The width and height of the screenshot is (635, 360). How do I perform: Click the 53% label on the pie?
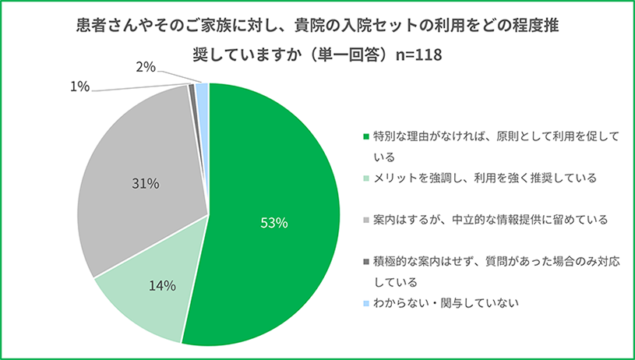click(x=274, y=223)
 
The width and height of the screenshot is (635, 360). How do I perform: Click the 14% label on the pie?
click(x=162, y=285)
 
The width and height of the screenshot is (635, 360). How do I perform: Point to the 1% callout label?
click(x=79, y=86)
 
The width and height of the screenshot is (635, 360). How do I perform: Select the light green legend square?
click(x=367, y=178)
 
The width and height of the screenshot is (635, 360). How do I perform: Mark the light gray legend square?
click(x=367, y=221)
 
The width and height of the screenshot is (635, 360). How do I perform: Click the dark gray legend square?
click(x=367, y=262)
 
